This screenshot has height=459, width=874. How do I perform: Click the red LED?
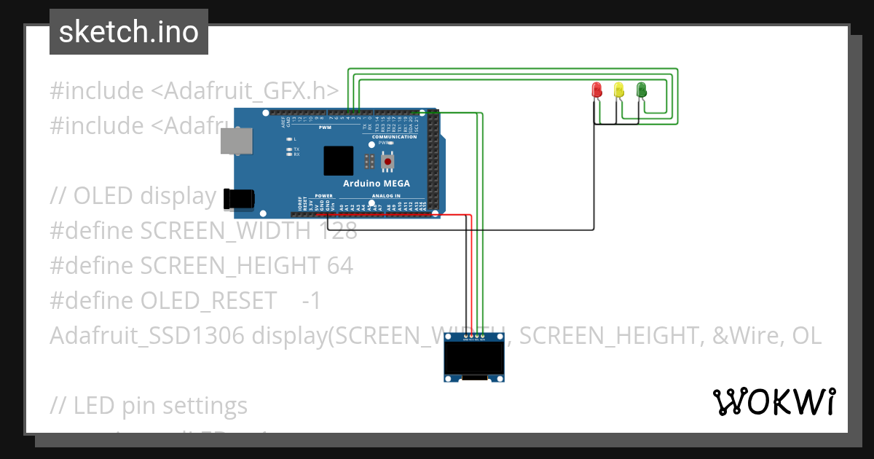pos(597,90)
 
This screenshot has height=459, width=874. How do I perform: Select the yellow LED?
pos(619,90)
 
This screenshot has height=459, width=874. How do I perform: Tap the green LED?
pos(642,90)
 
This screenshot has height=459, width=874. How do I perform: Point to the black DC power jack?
pos(239,198)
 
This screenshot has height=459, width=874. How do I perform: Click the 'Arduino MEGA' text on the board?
pos(377,184)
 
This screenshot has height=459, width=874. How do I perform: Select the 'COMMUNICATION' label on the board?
pos(394,137)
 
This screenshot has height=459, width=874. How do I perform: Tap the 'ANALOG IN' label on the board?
pos(386,196)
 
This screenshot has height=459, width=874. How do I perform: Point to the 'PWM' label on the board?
pos(325,127)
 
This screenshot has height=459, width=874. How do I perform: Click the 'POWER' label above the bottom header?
pos(323,196)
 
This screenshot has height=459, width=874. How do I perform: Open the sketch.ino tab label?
pos(129,32)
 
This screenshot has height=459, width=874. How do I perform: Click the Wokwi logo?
pos(773,401)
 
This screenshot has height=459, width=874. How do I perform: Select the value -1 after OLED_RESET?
pos(310,300)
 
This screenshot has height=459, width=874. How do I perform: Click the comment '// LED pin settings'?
pos(149,405)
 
